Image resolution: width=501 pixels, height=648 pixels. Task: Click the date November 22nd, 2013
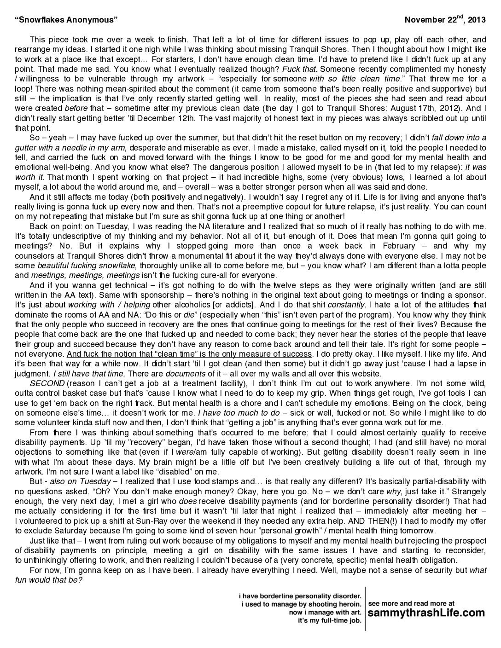tap(445, 20)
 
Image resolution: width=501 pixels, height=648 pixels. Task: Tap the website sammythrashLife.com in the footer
tap(426, 613)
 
